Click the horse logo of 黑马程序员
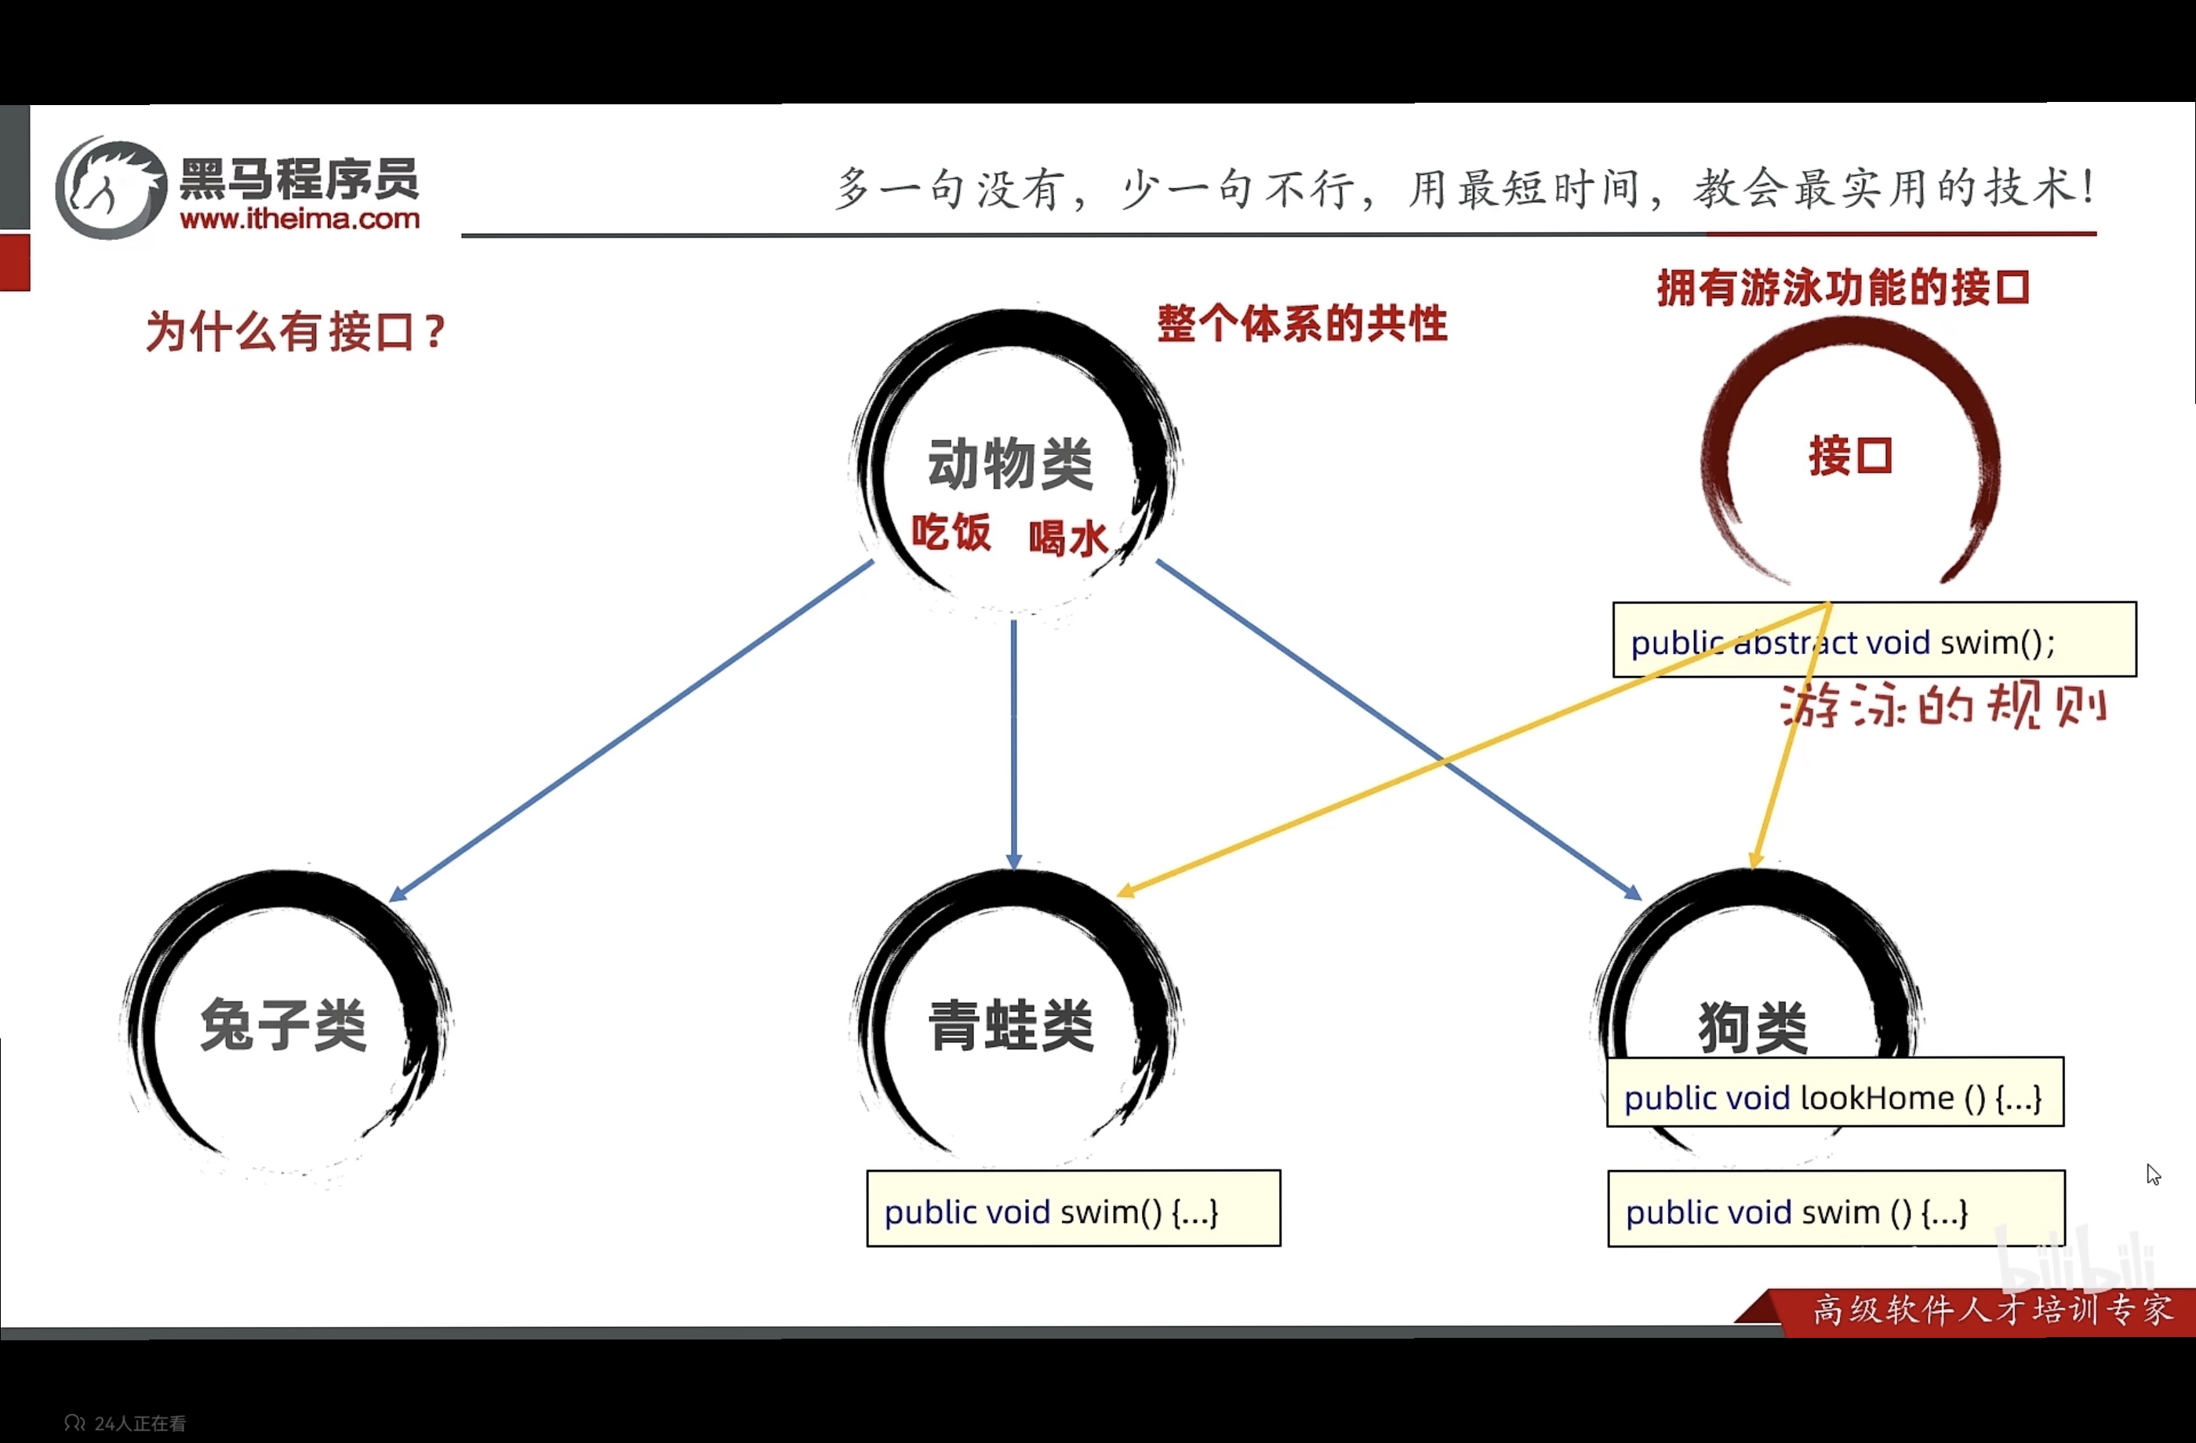point(111,189)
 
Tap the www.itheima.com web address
point(300,220)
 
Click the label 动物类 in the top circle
point(1010,463)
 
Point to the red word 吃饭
point(951,533)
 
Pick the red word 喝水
point(1067,538)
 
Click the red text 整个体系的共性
point(1302,324)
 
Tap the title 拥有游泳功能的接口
point(1842,288)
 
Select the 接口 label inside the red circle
point(1850,456)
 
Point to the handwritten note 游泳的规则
point(1942,707)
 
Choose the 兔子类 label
point(283,1025)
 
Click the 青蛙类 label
point(1010,1025)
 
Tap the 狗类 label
point(1752,1027)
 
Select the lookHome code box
point(1834,1097)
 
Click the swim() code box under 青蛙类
point(1073,1211)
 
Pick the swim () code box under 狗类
point(1835,1211)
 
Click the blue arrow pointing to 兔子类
point(627,733)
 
